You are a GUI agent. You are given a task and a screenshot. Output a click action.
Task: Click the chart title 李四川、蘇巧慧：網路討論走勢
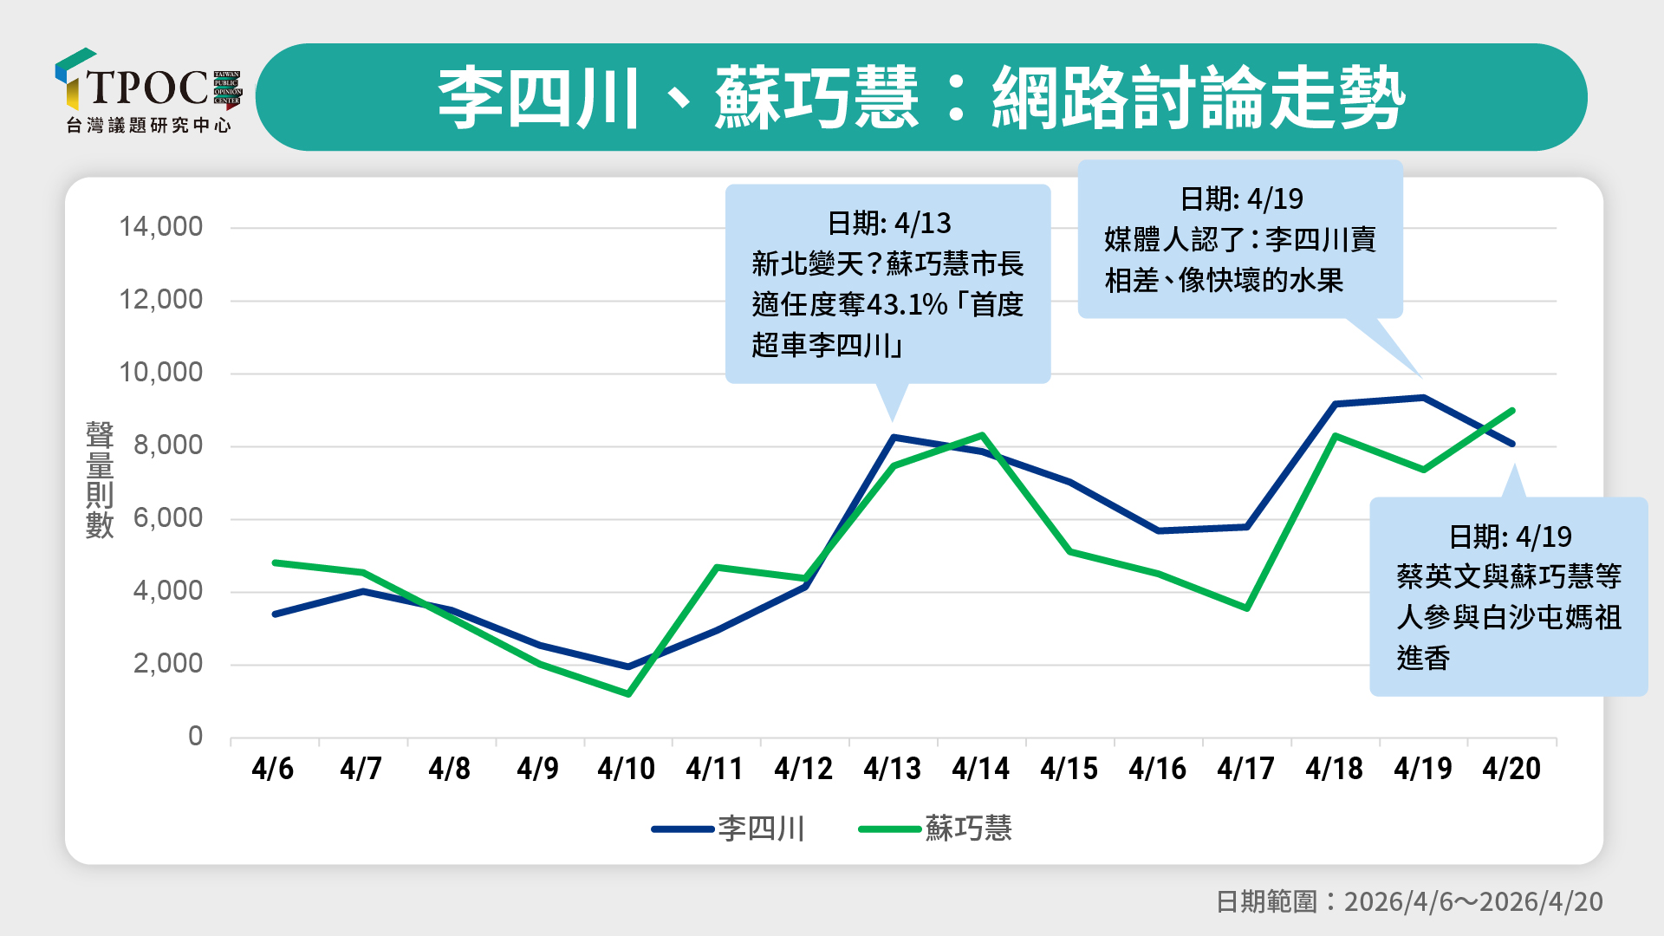920,97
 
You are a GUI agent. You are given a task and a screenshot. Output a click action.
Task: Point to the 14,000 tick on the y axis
160,227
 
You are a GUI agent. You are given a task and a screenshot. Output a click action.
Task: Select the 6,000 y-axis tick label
167,518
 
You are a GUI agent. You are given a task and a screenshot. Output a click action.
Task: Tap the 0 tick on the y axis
195,737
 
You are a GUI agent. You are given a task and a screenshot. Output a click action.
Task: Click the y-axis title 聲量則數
100,480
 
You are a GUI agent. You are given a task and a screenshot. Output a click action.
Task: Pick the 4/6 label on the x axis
273,769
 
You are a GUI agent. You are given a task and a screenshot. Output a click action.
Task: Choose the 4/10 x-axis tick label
627,769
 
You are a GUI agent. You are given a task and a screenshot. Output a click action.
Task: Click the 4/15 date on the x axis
1069,769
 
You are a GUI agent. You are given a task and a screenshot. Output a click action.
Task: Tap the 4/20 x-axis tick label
1511,769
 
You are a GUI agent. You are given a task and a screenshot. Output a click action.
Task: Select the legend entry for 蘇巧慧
936,829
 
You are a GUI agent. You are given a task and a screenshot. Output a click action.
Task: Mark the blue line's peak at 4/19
1423,398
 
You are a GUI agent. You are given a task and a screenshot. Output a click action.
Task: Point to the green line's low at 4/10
627,694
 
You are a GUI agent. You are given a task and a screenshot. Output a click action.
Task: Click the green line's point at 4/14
982,435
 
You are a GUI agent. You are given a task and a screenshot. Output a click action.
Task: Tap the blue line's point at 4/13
894,438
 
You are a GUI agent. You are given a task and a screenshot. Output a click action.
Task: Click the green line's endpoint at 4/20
1512,410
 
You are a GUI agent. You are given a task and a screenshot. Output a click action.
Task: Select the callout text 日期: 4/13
888,224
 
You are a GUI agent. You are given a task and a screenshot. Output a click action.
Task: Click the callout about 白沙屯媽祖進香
1508,597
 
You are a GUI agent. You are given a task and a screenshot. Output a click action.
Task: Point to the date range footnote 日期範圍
1409,901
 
